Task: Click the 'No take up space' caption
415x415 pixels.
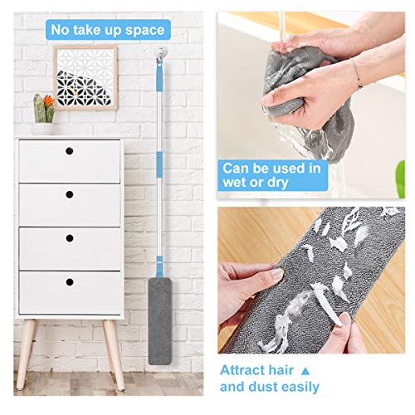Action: pyautogui.click(x=108, y=30)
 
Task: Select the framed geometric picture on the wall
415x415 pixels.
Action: pyautogui.click(x=85, y=76)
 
